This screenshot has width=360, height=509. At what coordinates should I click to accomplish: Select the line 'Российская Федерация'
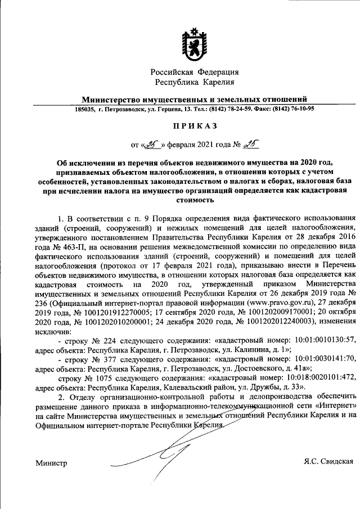[194, 72]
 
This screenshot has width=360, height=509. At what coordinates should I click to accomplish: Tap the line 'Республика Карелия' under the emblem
[194, 83]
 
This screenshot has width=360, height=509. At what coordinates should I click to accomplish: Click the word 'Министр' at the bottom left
[51, 463]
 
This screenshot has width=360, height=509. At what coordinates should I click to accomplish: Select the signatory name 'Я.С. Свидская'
[328, 462]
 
